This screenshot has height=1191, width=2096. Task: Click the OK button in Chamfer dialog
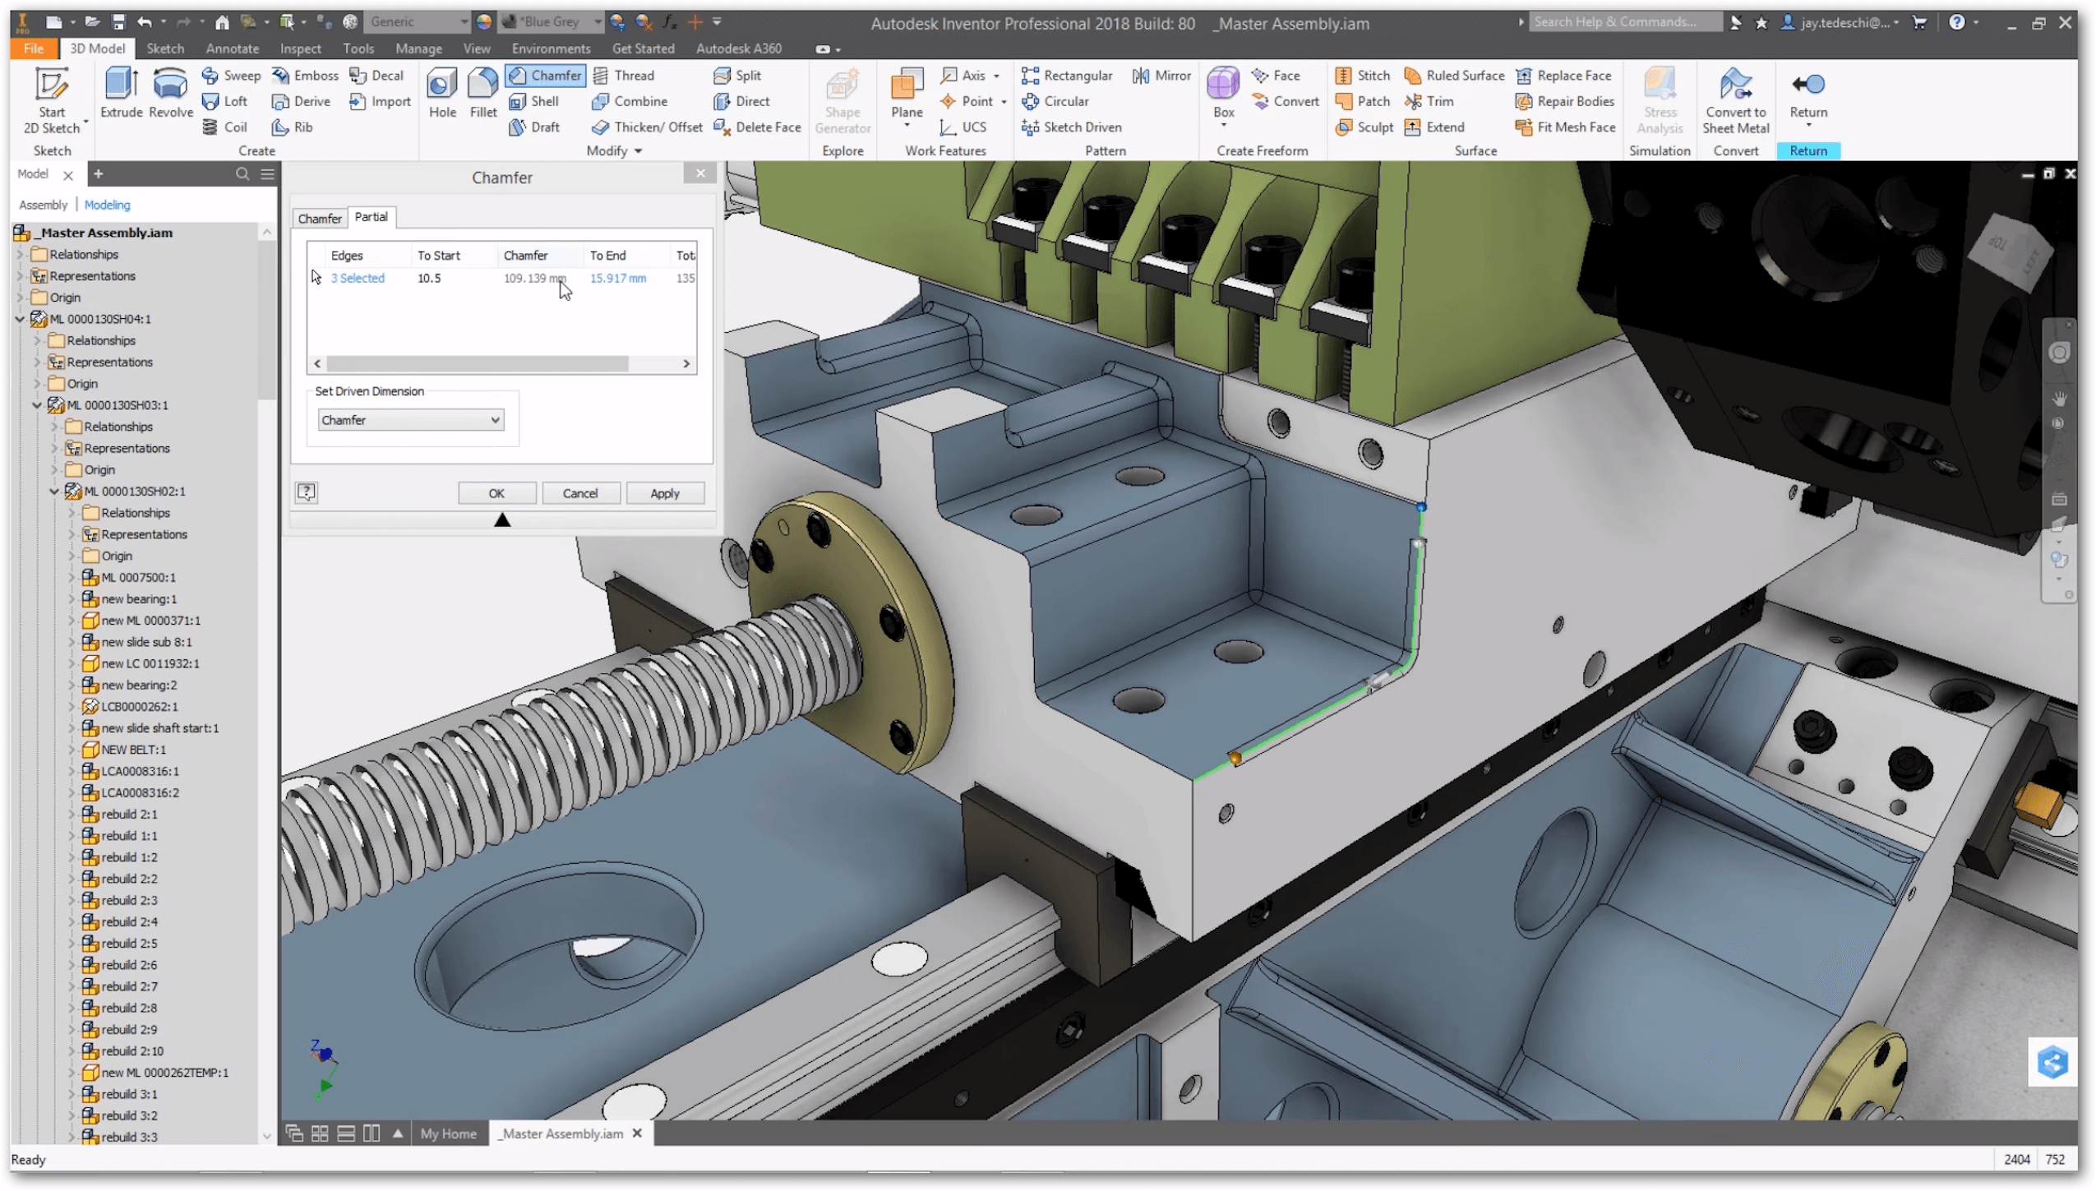click(496, 493)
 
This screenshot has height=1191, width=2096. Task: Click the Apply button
click(664, 493)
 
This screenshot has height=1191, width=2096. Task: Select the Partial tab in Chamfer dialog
click(371, 217)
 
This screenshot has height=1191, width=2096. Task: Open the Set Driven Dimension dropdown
click(410, 420)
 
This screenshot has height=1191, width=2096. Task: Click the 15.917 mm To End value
click(617, 279)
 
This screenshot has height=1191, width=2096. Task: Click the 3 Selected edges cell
click(358, 279)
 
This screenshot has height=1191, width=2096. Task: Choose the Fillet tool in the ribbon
click(482, 93)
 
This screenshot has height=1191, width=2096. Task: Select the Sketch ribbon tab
click(164, 48)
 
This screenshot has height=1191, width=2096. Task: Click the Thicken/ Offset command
click(647, 127)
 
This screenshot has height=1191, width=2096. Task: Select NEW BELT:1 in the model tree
click(133, 750)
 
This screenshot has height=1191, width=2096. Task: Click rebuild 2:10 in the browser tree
click(132, 1050)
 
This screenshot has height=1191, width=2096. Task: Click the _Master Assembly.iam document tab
click(562, 1133)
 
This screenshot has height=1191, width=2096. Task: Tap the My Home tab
click(448, 1133)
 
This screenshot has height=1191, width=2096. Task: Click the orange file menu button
click(33, 48)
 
